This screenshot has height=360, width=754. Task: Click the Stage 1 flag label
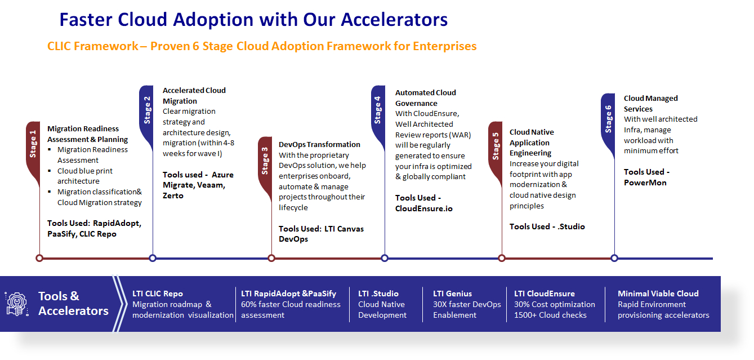pos(33,144)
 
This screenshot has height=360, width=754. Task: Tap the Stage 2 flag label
pos(147,110)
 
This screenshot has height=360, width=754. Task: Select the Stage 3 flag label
pos(265,161)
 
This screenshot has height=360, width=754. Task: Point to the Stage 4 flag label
pos(378,110)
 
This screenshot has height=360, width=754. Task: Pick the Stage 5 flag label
pos(496,146)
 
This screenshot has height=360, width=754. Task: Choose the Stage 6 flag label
pos(608,119)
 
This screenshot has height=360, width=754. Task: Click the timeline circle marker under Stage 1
pos(39,258)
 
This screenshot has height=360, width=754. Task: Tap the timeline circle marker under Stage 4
pos(385,258)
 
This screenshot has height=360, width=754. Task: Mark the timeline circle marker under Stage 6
pos(614,258)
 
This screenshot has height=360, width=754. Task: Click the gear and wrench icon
pos(16,304)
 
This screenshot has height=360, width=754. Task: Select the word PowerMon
pos(645,183)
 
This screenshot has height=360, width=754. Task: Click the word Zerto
pos(173,195)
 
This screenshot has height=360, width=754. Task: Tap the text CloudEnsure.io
pos(424,208)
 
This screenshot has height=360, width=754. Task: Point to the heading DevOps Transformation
pos(319,144)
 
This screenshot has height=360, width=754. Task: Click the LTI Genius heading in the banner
pos(452,294)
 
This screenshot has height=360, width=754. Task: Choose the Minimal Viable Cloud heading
pos(658,294)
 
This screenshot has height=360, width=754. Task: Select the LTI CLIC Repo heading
pos(158,294)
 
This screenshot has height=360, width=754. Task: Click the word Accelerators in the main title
pos(394,20)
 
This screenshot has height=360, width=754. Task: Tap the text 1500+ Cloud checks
pos(550,315)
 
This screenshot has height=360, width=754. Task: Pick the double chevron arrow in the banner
pos(119,304)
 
